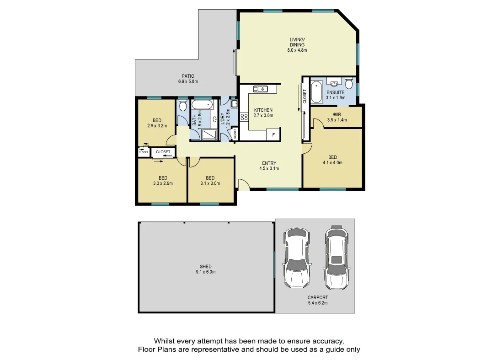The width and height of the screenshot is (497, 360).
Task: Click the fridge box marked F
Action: point(273,134)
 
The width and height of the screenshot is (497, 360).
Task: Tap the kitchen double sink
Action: point(262,89)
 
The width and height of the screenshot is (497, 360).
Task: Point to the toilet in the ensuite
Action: point(349,84)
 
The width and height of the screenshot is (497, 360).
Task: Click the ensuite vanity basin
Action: point(335,84)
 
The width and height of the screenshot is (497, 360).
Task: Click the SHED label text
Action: point(206,267)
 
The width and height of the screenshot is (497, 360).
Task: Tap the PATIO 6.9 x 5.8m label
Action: point(188,79)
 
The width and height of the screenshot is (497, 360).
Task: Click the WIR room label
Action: point(337,115)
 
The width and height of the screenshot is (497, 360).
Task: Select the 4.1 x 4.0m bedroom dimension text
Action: point(332,162)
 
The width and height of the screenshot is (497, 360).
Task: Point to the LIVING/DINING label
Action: point(297,42)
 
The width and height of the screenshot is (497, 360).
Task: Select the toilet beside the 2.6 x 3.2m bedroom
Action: point(183,106)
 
